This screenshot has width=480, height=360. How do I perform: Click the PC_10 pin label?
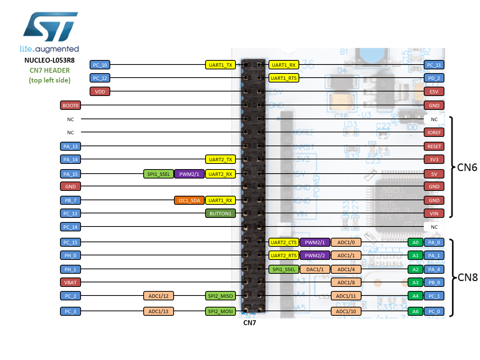coord(100,65)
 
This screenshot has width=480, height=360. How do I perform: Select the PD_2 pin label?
coord(434,78)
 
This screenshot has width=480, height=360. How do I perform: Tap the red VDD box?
coord(100,91)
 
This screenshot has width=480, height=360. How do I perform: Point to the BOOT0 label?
coord(70,105)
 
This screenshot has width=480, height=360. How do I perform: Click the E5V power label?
coord(434,91)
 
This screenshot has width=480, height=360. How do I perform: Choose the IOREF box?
coord(434,132)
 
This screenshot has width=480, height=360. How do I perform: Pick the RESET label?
coord(434,146)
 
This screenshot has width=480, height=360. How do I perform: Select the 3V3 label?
coord(434,159)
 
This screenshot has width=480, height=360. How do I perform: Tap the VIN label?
coord(434,213)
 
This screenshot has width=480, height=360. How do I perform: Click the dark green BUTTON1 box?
coord(220,213)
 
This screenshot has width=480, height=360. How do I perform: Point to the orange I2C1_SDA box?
coord(189,200)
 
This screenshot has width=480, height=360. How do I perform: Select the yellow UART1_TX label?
coord(220,65)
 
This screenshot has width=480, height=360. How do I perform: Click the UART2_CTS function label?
coord(283,242)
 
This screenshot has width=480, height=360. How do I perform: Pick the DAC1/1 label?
coord(315,269)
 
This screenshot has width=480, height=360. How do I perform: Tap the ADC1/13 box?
coord(158,311)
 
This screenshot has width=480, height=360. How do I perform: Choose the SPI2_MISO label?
coord(220,296)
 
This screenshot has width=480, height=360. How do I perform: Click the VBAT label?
coord(70,282)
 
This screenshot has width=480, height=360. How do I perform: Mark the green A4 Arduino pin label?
coord(415,296)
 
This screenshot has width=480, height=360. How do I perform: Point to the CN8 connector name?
coord(468,277)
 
